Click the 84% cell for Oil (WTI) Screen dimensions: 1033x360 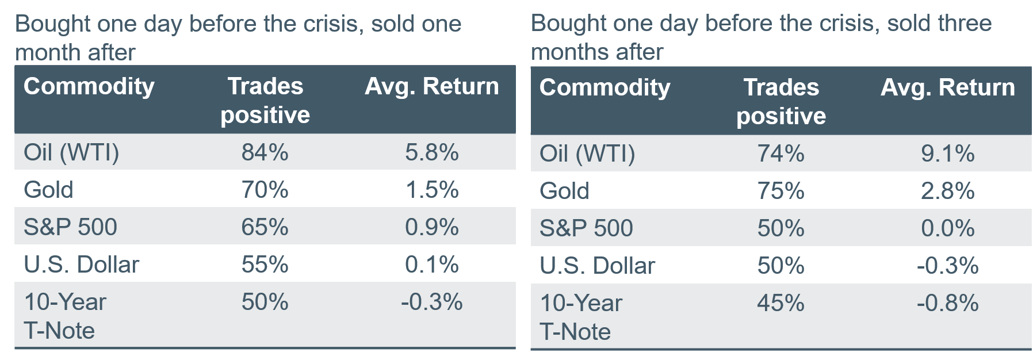pos(265,152)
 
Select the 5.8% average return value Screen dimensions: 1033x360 pos(432,152)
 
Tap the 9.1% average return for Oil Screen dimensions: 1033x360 pos(948,154)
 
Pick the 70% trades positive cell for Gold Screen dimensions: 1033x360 pos(265,190)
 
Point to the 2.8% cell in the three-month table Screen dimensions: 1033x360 pos(948,191)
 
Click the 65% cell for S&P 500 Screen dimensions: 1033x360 pos(265,227)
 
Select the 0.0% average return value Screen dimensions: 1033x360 pos(948,228)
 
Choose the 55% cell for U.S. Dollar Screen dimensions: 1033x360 pos(265,265)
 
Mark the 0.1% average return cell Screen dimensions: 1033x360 pos(432,265)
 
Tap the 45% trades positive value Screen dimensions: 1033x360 pos(781,303)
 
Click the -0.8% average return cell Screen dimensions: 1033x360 pos(948,303)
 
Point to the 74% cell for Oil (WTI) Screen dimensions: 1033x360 pos(781,154)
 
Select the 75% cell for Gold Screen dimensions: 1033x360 pos(781,191)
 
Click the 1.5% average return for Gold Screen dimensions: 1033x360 pos(432,190)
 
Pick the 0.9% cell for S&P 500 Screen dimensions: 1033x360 pos(432,227)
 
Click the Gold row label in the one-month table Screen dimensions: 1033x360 pos(48,190)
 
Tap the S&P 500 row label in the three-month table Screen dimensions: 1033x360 pos(586,228)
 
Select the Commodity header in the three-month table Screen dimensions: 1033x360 pos(605,88)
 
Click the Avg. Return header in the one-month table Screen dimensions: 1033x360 pos(432,86)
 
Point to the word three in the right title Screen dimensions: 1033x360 pos(965,24)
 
